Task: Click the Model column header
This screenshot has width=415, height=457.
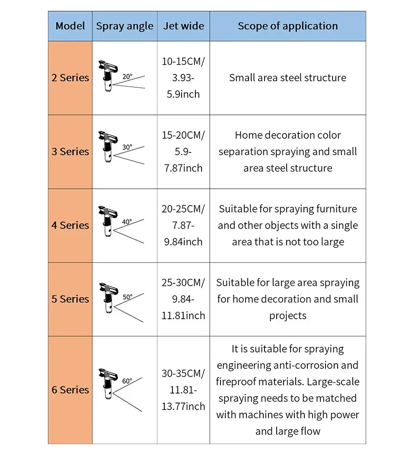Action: [x=70, y=26]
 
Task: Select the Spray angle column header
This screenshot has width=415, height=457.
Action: [x=124, y=26]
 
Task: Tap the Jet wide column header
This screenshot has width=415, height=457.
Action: [x=183, y=26]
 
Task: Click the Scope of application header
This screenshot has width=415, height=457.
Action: [x=287, y=26]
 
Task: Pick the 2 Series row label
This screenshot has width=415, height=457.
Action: [x=70, y=78]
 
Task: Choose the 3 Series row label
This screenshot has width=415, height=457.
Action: [x=70, y=152]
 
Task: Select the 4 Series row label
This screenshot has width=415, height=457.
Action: [x=70, y=225]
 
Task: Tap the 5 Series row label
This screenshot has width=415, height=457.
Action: [x=70, y=299]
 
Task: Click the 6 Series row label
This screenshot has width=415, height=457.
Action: [x=70, y=390]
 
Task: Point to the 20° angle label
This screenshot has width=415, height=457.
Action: [x=127, y=77]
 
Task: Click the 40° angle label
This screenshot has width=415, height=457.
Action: [x=127, y=222]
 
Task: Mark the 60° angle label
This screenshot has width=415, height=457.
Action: [x=127, y=381]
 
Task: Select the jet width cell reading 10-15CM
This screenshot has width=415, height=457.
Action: [x=183, y=78]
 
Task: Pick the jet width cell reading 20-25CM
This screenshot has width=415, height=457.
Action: [x=183, y=225]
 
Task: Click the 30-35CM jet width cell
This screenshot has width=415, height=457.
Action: [x=183, y=390]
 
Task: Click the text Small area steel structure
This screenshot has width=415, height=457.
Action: [x=287, y=78]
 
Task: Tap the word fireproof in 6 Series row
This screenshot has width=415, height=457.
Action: [x=236, y=382]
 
